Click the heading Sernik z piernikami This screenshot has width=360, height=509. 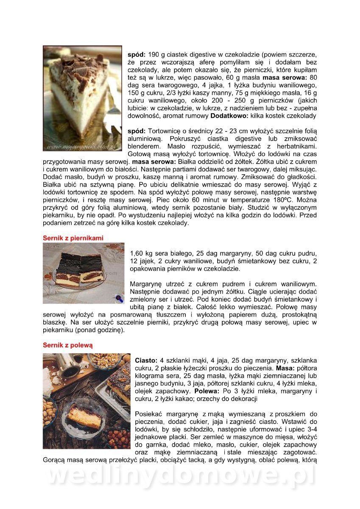[x=73, y=238]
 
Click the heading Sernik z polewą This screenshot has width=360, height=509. [x=67, y=345]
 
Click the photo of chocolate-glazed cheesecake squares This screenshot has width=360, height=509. [x=83, y=273]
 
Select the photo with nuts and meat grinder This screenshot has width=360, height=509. [x=87, y=401]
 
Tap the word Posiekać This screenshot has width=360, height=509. [x=150, y=414]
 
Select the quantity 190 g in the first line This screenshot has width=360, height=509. [x=156, y=55]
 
